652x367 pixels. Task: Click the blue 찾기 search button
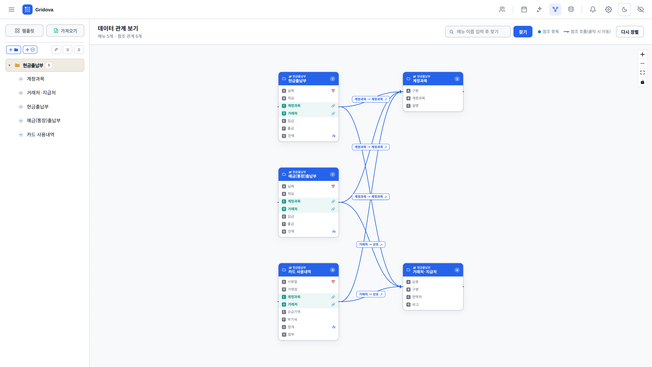pos(523,32)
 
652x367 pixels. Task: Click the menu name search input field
pos(478,32)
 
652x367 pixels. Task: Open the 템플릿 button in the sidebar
pos(24,31)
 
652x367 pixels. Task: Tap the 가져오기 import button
pos(65,31)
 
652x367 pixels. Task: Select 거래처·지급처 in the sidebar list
pos(41,93)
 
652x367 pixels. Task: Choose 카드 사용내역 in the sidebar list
pos(41,135)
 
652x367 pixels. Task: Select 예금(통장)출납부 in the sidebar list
pos(43,121)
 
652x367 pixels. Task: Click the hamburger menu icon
pos(12,10)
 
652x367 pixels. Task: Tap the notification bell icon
pos(593,10)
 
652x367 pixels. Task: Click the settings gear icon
pos(609,10)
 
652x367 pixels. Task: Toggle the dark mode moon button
pos(624,10)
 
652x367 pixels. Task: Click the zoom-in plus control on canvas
pos(642,54)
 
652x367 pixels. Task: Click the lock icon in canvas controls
pos(642,82)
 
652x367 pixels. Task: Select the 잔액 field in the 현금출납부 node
pos(291,136)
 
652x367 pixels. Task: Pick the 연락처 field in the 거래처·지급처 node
pos(417,297)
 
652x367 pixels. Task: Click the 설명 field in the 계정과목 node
pos(415,106)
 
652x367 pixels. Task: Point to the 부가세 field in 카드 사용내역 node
pos(292,319)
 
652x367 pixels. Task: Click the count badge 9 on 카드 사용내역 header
pos(333,270)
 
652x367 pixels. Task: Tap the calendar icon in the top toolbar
pos(524,10)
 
